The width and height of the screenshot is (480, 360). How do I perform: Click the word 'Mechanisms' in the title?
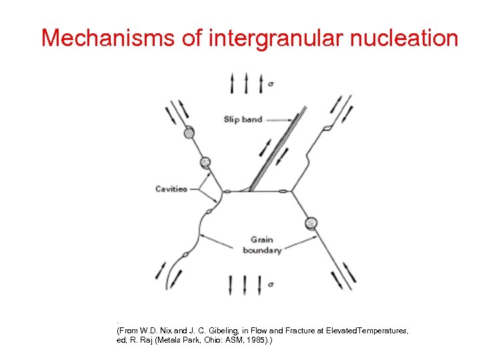click(x=107, y=38)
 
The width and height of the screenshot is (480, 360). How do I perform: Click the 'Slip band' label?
click(x=243, y=119)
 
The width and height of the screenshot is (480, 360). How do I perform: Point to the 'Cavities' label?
click(x=171, y=189)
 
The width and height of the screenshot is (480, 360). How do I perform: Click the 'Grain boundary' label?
click(x=262, y=245)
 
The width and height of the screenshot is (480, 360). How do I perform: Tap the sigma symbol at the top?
click(x=270, y=84)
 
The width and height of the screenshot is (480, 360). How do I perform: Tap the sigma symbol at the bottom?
click(x=270, y=285)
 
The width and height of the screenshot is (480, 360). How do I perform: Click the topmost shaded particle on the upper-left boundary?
click(x=189, y=133)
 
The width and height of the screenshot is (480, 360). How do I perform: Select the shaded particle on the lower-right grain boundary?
click(x=311, y=223)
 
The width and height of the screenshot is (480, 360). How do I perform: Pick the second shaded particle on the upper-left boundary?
click(x=205, y=161)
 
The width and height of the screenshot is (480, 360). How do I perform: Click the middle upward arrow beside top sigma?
click(x=247, y=83)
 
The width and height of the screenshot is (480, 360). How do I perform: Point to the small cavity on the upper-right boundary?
click(x=327, y=127)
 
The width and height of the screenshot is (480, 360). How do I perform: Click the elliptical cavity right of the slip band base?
click(x=283, y=193)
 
